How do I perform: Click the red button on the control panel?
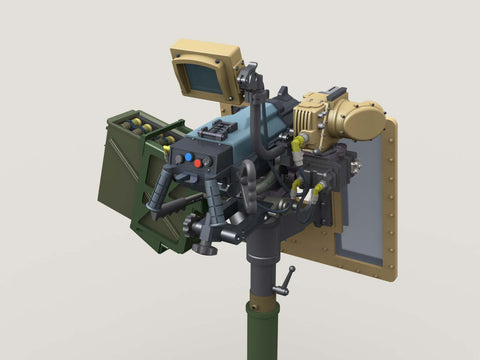[197, 162]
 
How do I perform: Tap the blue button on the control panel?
[187, 158]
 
